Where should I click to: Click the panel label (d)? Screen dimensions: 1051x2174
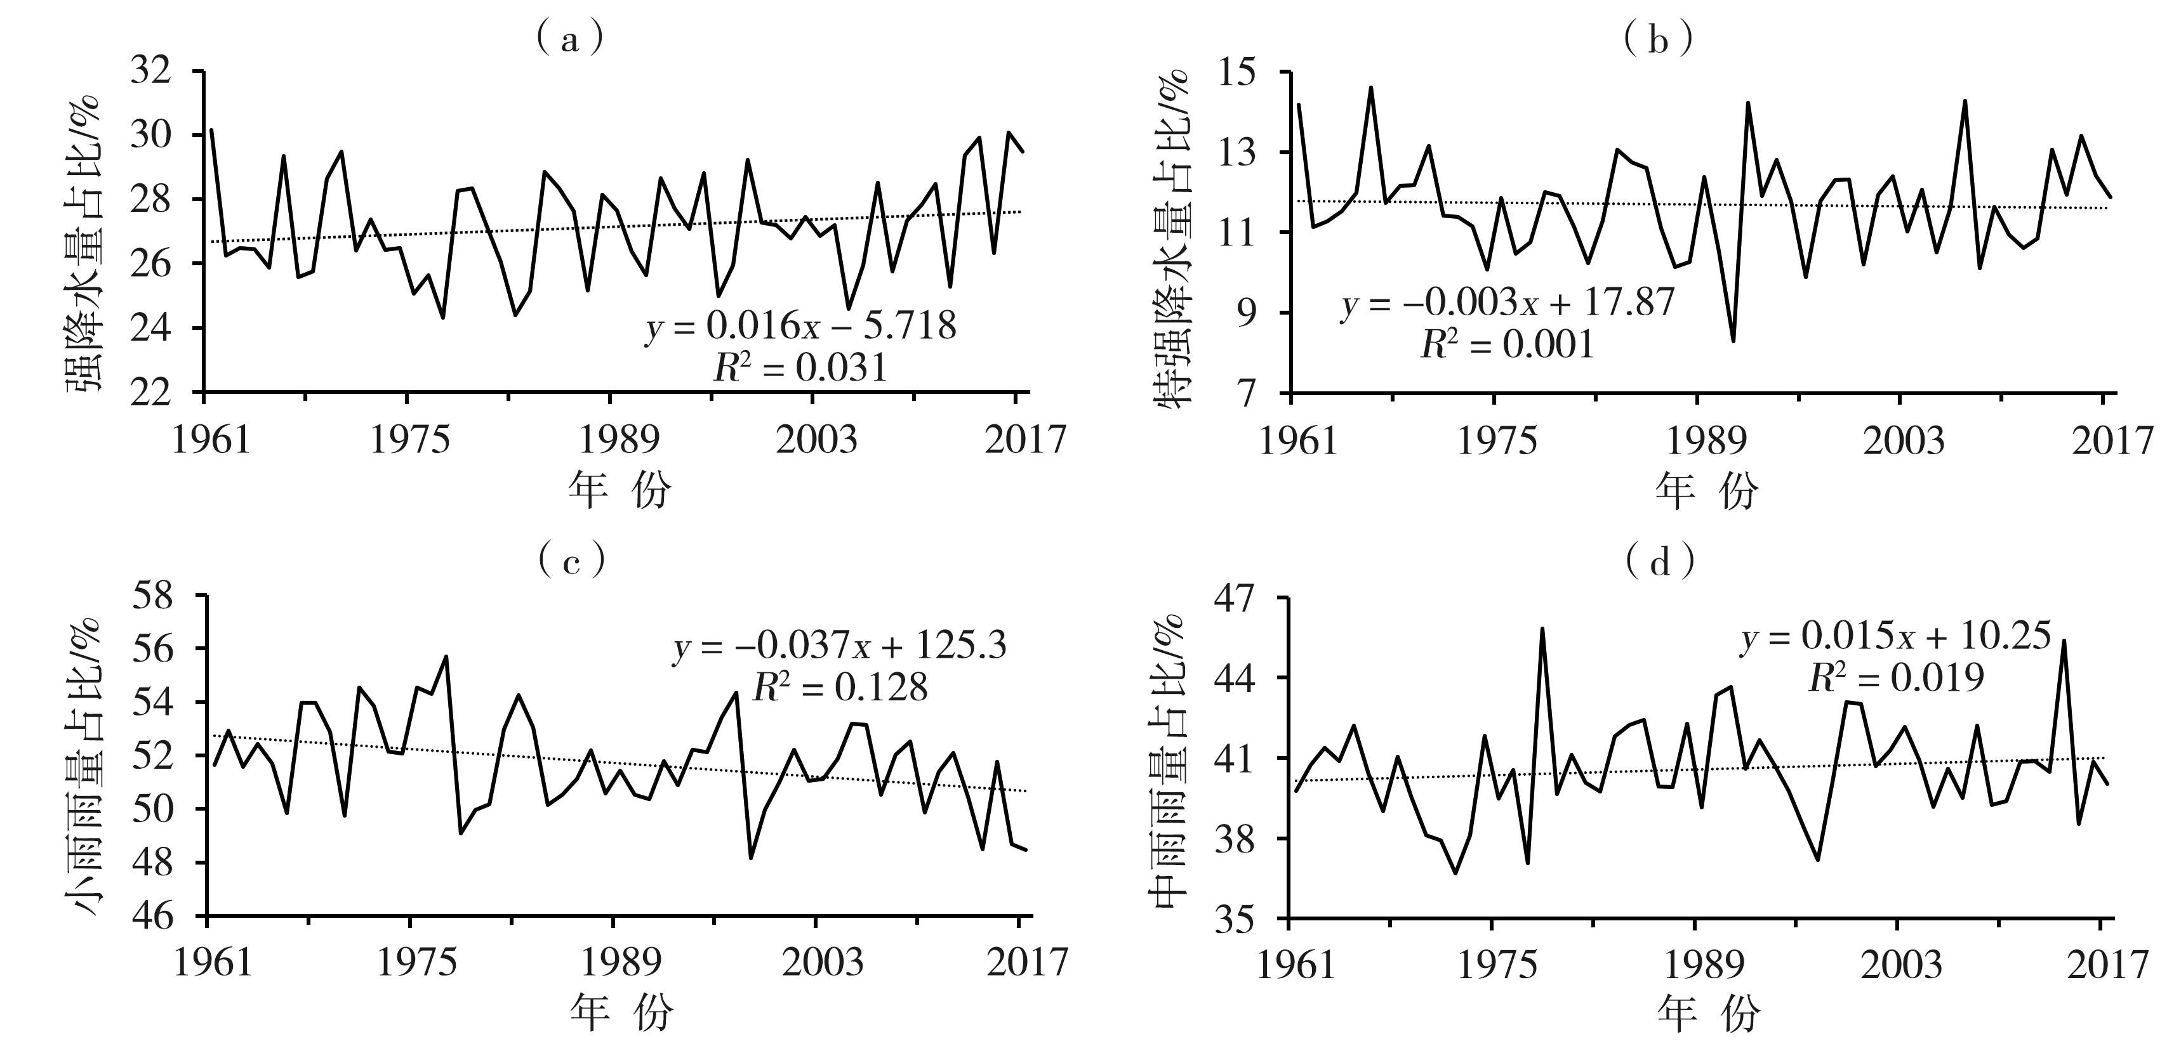(1660, 562)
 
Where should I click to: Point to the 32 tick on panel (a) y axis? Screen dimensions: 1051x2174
(151, 71)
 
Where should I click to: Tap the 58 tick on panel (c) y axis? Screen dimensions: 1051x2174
(151, 596)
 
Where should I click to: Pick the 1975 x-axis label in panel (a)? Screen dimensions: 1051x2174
(409, 440)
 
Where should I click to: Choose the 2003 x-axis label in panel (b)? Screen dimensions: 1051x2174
(1902, 440)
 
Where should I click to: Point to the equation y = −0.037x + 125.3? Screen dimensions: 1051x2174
(840, 646)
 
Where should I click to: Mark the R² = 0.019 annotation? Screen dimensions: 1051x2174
(1895, 677)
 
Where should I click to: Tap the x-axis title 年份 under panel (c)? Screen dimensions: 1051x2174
(620, 1012)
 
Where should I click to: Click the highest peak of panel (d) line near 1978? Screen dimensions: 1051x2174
(1542, 629)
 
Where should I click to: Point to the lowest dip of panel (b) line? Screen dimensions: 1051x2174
(1733, 341)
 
